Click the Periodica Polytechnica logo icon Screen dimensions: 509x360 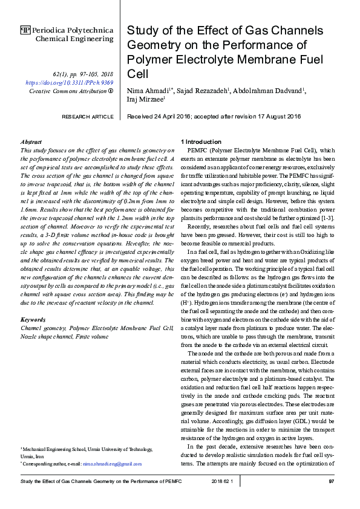(25, 30)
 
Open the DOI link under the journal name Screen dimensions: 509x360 (69, 82)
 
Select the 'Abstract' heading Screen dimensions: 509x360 (31, 141)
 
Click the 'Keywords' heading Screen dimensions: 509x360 (33, 319)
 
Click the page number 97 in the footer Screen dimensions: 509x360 (331, 481)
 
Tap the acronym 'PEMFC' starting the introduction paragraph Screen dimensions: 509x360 (199, 149)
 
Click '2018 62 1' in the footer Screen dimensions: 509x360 (226, 481)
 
